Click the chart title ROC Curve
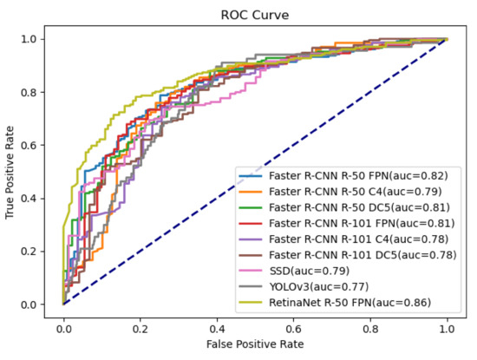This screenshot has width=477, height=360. coord(255,16)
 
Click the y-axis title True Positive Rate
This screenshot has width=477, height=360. coord(12,171)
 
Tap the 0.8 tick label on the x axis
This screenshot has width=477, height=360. coord(370,331)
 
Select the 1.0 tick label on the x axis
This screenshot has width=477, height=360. coord(447,331)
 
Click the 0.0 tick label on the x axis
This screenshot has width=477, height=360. coord(63,331)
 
